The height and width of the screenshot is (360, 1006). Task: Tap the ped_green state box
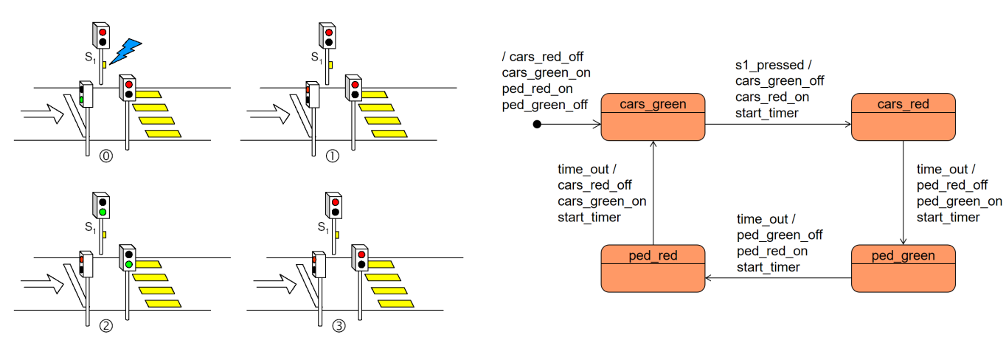[x=903, y=268]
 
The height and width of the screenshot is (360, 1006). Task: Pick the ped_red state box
[x=653, y=268]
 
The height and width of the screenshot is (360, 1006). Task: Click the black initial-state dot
[x=538, y=125]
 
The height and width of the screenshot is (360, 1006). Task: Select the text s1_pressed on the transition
[x=768, y=66]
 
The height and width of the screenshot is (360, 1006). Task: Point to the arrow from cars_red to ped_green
[x=903, y=192]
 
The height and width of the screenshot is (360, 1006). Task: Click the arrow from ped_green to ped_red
[x=778, y=278]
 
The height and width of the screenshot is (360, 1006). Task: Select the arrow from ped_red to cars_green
[x=653, y=192]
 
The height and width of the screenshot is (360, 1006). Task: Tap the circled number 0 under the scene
[x=106, y=157]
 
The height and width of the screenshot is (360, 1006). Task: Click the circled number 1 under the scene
[x=333, y=157]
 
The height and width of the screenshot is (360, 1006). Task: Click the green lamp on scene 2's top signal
[x=103, y=212]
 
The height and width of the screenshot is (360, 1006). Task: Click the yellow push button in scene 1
[x=330, y=65]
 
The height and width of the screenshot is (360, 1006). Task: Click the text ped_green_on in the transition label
[x=959, y=201]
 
